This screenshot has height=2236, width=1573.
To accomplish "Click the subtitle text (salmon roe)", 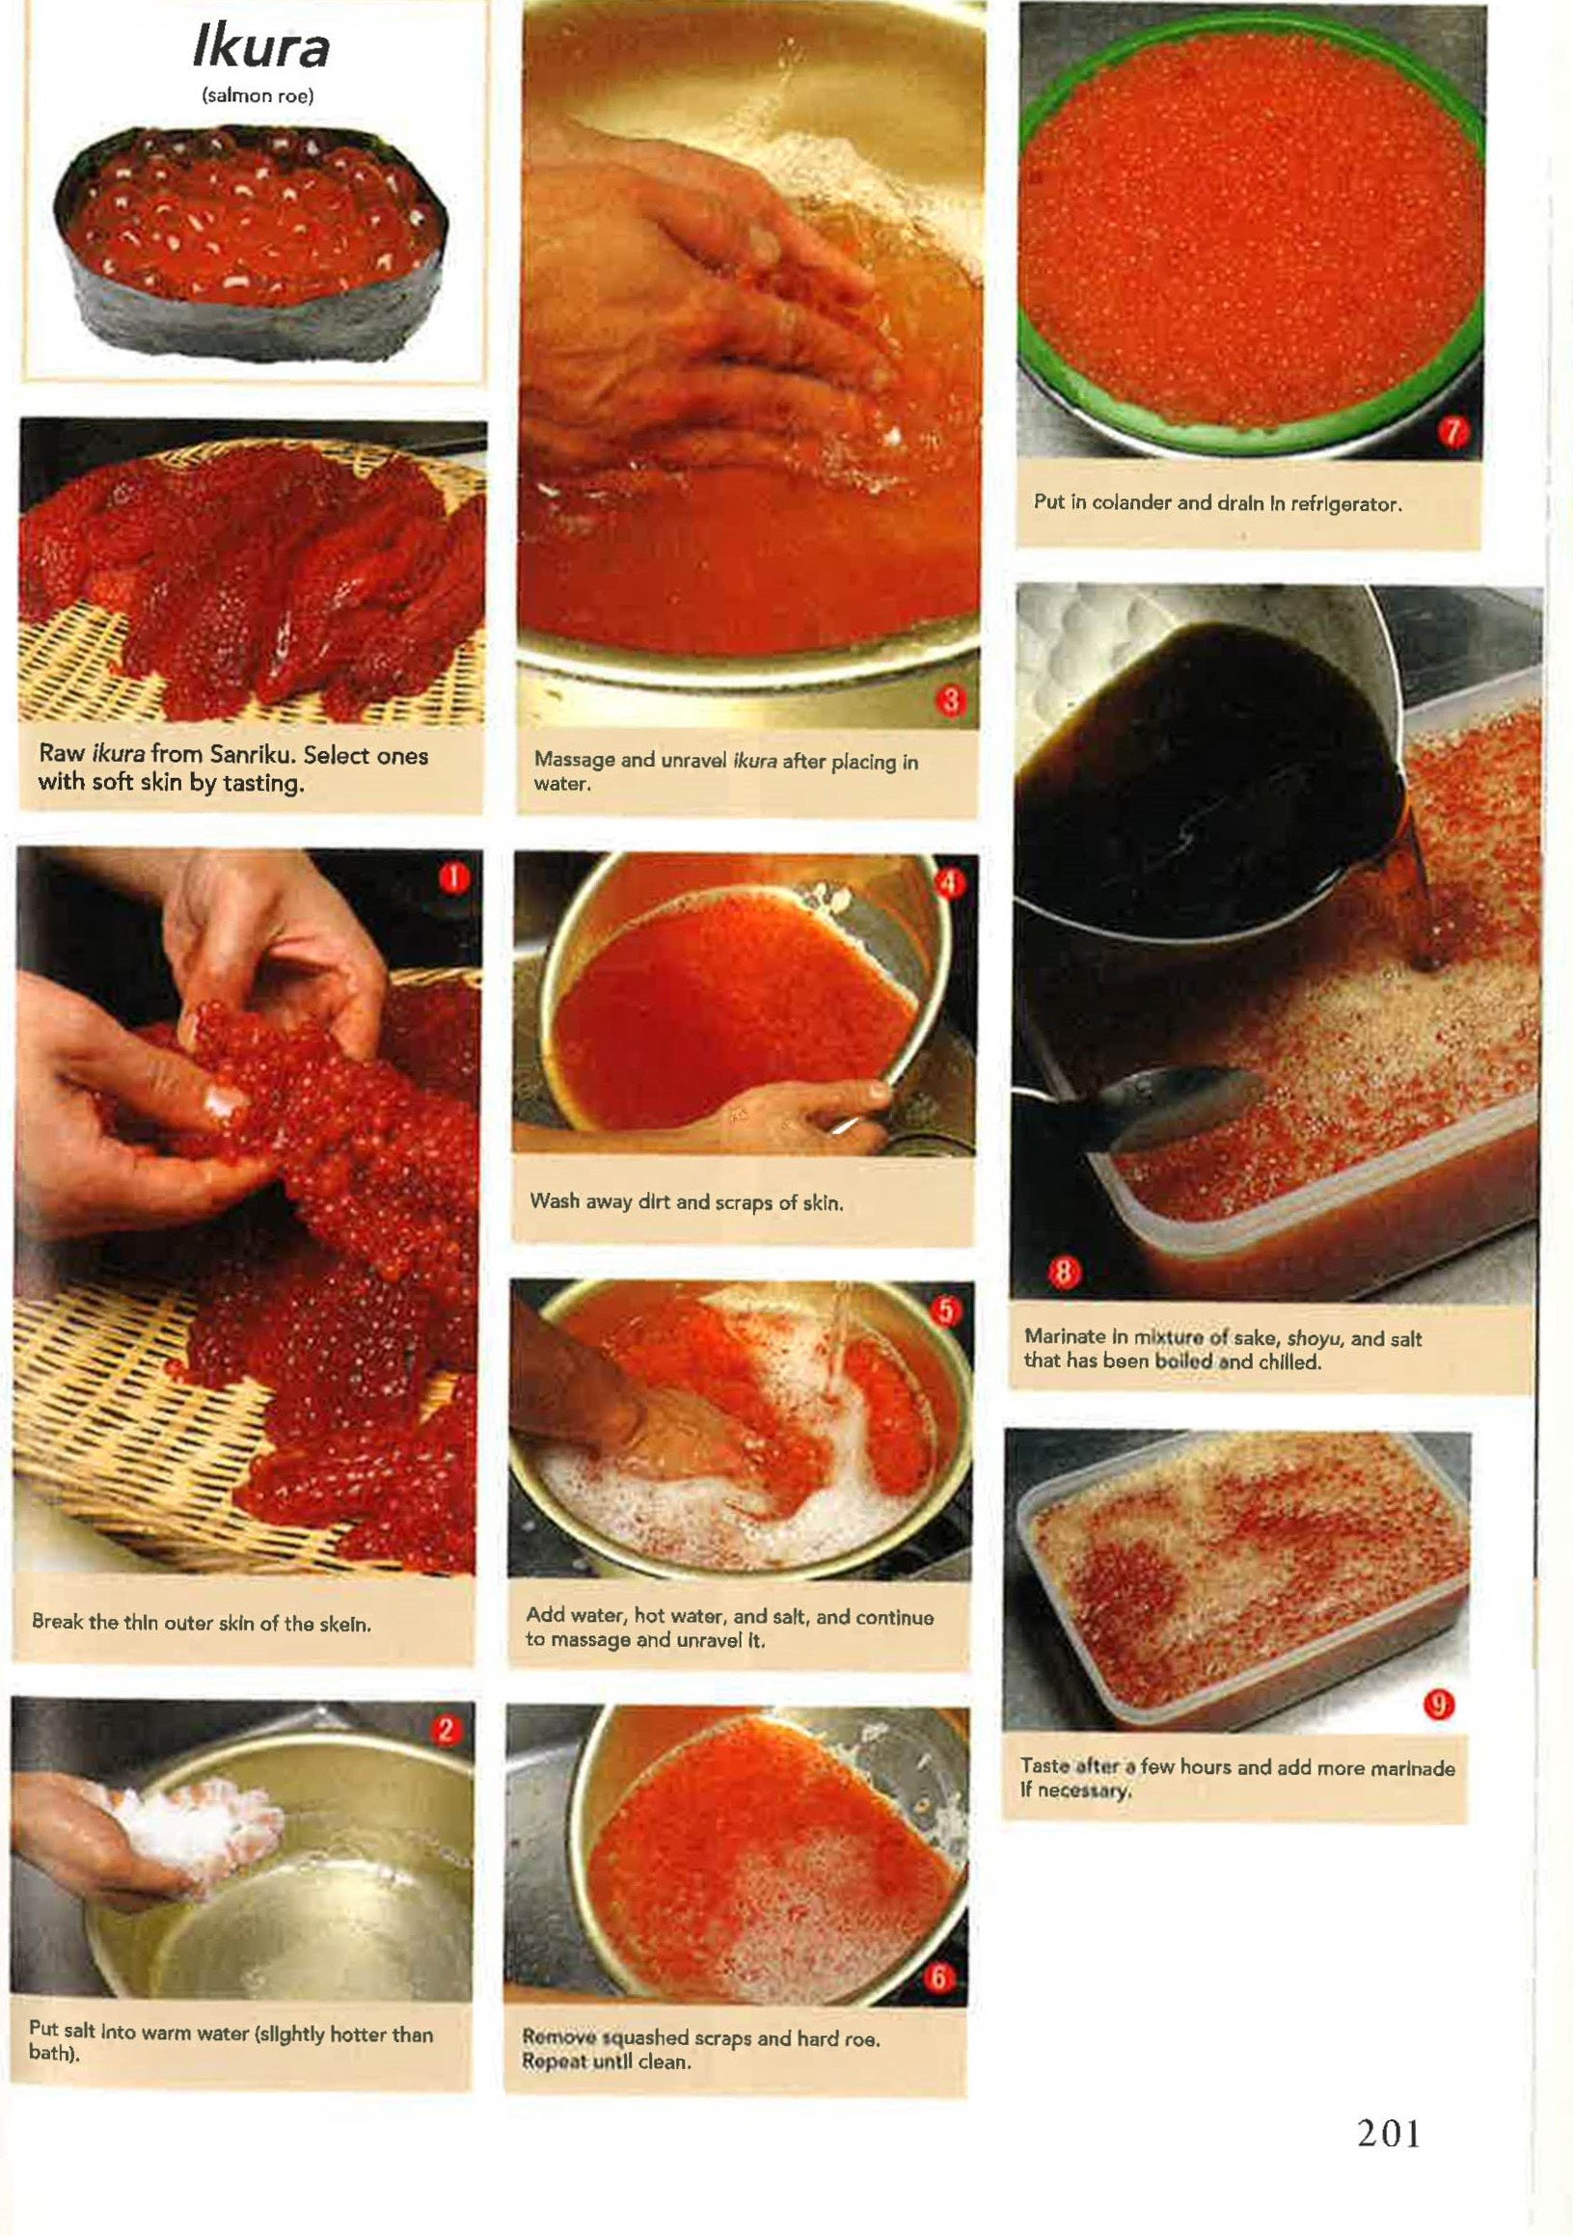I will click(x=258, y=97).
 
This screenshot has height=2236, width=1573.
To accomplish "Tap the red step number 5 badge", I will click(x=945, y=1310).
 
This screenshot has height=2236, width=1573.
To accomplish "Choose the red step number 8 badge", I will click(x=1064, y=1271).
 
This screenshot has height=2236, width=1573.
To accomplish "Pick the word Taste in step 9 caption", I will click(x=1044, y=1765).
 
